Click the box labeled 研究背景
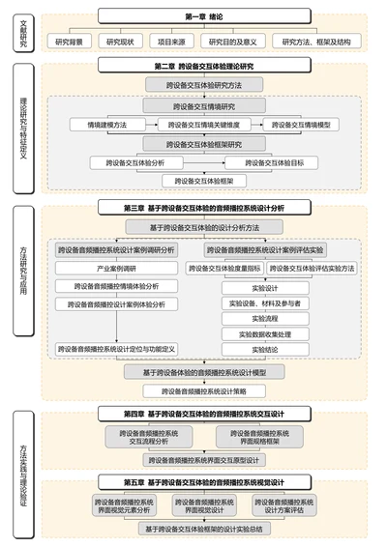[x=74, y=42]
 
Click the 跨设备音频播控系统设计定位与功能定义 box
[x=116, y=349]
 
